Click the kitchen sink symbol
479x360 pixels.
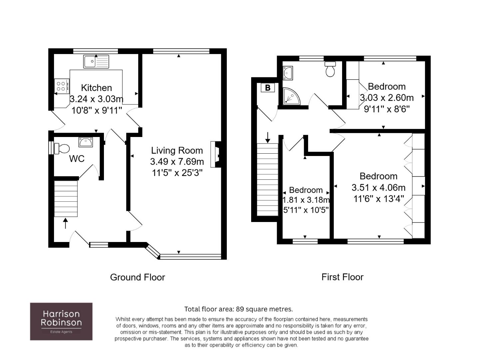pos(96,62)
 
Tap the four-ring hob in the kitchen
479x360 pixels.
pos(62,86)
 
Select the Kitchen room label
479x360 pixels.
pos(97,88)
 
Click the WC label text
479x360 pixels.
pos(77,159)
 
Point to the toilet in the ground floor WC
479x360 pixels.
pos(62,149)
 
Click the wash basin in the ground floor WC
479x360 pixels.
pos(86,142)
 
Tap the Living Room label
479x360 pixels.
pos(177,150)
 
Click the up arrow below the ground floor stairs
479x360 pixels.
pos(66,223)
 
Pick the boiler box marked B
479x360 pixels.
pos(268,88)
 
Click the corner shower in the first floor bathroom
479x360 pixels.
pos(291,96)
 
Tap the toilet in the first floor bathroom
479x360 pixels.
pos(330,69)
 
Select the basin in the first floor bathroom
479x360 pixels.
pos(287,73)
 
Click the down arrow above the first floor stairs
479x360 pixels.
pos(267,138)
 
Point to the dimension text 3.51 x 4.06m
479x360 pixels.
pos(379,187)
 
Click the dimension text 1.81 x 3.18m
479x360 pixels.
pos(306,200)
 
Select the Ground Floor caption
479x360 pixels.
pos(138,277)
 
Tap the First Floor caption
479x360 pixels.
pos(342,277)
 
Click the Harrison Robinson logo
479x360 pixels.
pos(61,321)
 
